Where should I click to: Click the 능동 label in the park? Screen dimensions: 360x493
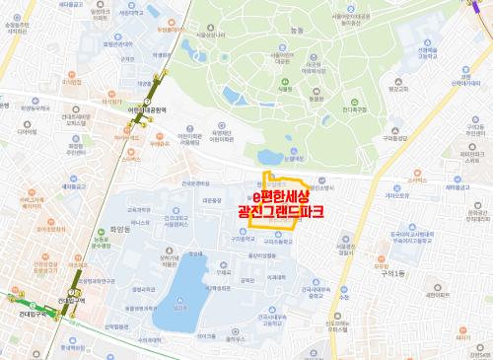[300, 33]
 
